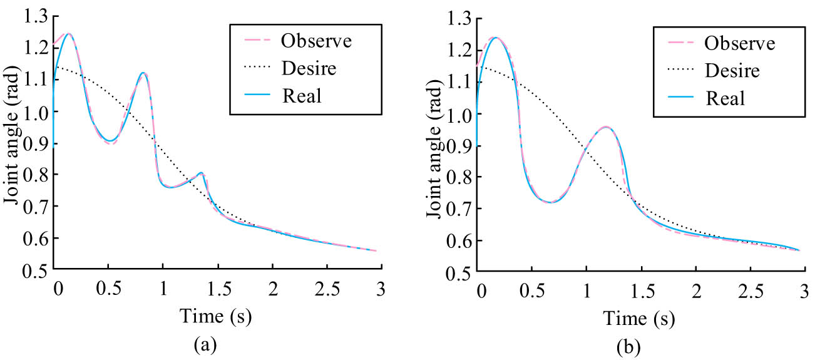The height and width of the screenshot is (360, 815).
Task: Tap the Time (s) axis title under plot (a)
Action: point(215,317)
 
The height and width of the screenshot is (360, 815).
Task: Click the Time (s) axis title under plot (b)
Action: point(639,318)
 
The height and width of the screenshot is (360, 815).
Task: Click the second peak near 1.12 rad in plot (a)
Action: point(143,73)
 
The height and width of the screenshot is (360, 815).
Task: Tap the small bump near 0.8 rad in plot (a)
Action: point(201,173)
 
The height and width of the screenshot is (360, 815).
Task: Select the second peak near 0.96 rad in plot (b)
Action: point(606,127)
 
